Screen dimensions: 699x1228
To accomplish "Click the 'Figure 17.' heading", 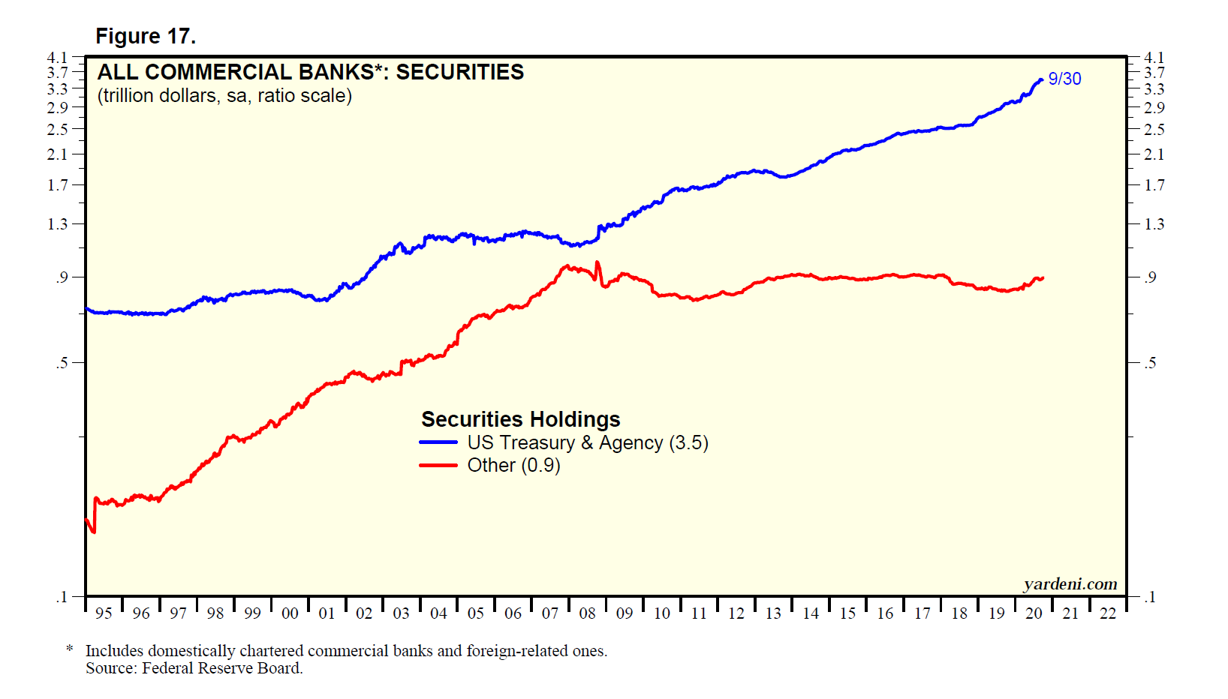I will [145, 36].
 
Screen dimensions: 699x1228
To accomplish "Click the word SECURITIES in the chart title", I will [459, 72].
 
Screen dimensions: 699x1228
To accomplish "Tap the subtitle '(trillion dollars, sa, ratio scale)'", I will [224, 96].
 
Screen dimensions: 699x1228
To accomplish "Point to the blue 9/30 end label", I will [1064, 79].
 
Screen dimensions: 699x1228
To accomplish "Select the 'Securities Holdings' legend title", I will [520, 419].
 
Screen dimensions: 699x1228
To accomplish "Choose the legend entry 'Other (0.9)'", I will [513, 465].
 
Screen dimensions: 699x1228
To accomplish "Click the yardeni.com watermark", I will [1070, 584].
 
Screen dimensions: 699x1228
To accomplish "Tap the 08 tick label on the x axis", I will [587, 613].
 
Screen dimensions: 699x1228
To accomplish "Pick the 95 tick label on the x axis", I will [104, 613].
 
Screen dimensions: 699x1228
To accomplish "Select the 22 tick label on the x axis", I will [1107, 613].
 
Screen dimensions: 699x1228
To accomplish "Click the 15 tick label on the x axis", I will [847, 613].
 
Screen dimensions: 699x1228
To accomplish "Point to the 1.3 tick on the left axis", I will [58, 224].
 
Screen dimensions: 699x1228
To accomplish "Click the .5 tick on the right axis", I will [1150, 363].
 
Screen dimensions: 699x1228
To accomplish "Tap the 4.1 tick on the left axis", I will [58, 58].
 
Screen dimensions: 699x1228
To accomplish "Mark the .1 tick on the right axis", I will [1150, 597].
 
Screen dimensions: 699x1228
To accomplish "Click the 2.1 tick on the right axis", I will [1154, 154].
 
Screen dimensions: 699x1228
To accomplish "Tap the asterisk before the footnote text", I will [70, 649].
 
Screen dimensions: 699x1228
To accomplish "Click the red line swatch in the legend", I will [438, 465].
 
